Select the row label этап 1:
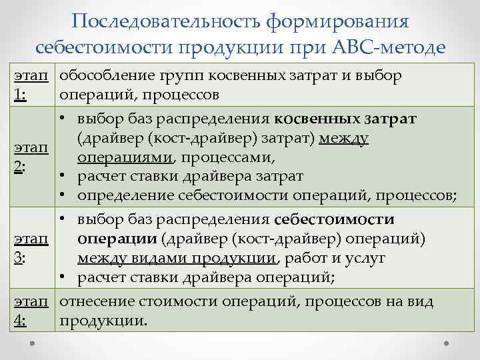pyautogui.click(x=29, y=84)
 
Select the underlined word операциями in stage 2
pyautogui.click(x=125, y=159)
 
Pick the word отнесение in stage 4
pyautogui.click(x=92, y=302)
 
